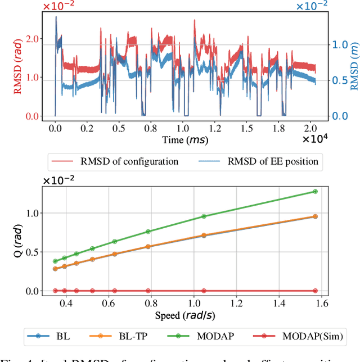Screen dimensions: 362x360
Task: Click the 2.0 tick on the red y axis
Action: (33, 39)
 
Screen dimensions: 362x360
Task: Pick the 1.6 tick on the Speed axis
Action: (321, 302)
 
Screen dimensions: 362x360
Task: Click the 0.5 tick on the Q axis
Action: (34, 252)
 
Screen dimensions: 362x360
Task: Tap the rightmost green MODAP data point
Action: (315, 192)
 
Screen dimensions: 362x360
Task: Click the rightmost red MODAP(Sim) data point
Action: (315, 291)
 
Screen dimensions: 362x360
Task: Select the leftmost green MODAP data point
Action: (55, 261)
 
